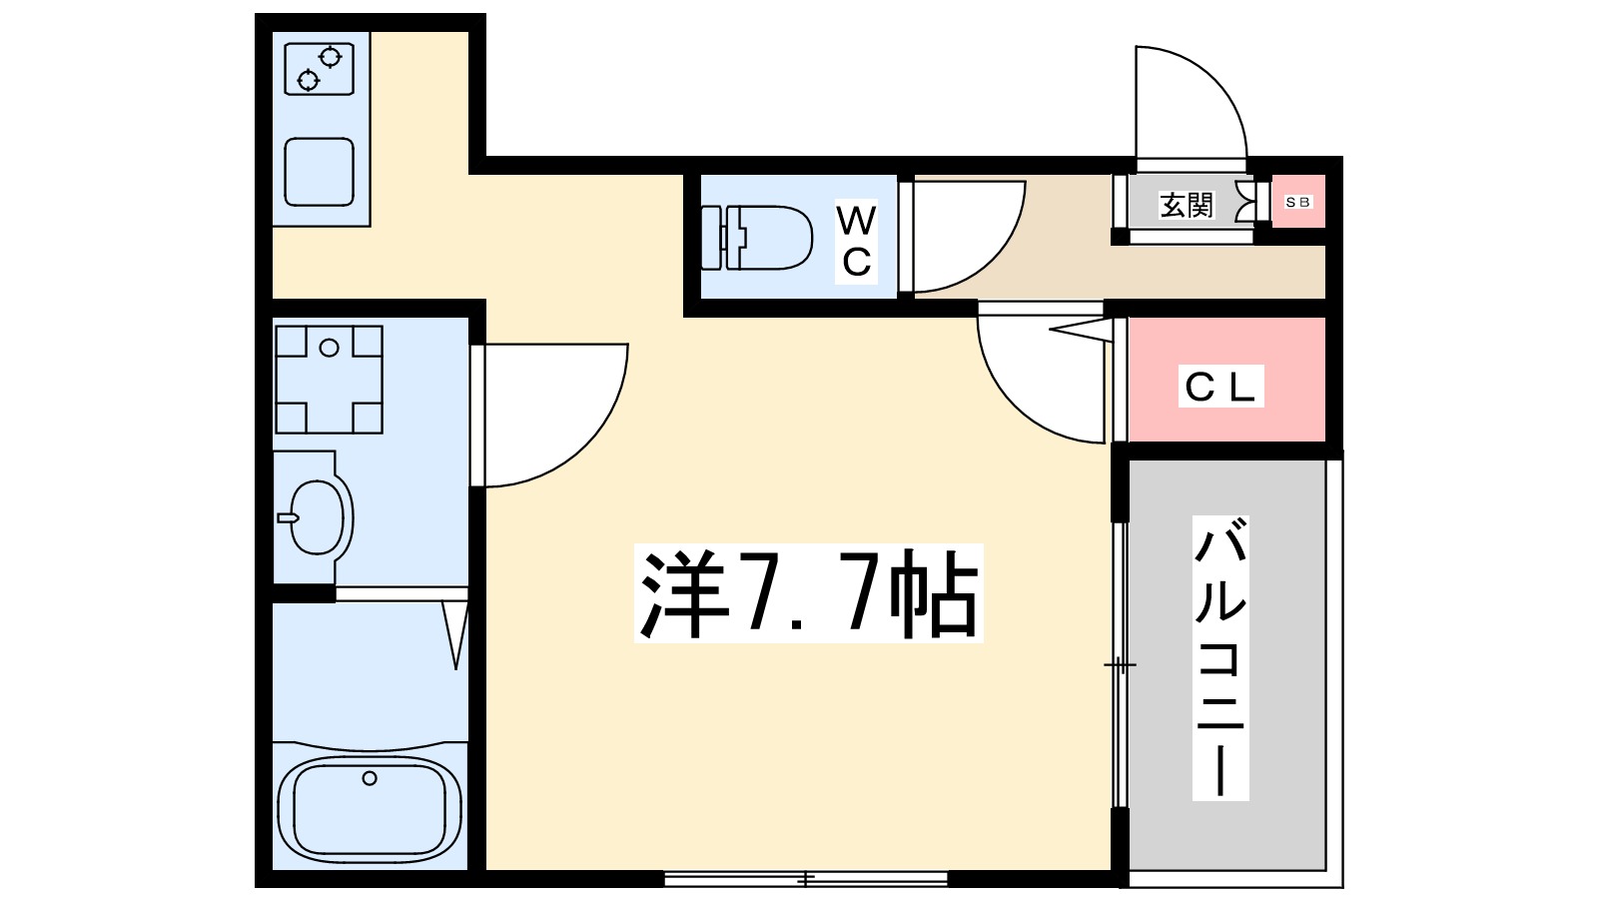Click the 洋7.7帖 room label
point(808,593)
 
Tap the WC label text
point(856,241)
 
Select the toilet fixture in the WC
point(757,238)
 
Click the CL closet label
point(1218,387)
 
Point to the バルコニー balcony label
point(1220,657)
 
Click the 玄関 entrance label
point(1186,206)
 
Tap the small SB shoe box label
point(1297,202)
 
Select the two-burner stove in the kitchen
point(320,68)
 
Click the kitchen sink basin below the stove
point(320,171)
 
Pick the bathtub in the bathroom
point(370,808)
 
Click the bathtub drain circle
point(370,778)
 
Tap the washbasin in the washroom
point(318,517)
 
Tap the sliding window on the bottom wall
point(805,879)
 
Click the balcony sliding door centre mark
point(1120,664)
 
